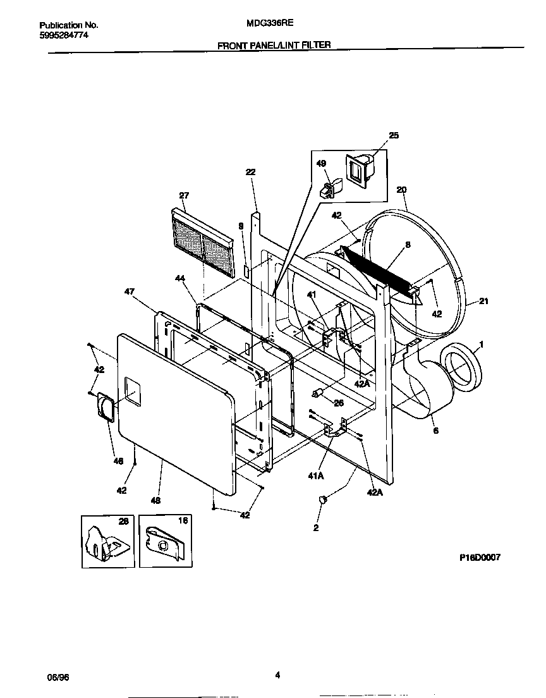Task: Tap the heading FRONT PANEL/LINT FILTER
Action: (274, 46)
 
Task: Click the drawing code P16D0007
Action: (480, 558)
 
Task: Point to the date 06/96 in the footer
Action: (58, 677)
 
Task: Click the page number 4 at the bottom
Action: (277, 675)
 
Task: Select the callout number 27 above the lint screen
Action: (184, 195)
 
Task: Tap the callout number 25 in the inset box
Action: (394, 135)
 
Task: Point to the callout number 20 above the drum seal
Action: (401, 190)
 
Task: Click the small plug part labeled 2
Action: (322, 500)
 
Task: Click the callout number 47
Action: (130, 292)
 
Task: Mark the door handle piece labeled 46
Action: (106, 405)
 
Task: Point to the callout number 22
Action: (250, 172)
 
